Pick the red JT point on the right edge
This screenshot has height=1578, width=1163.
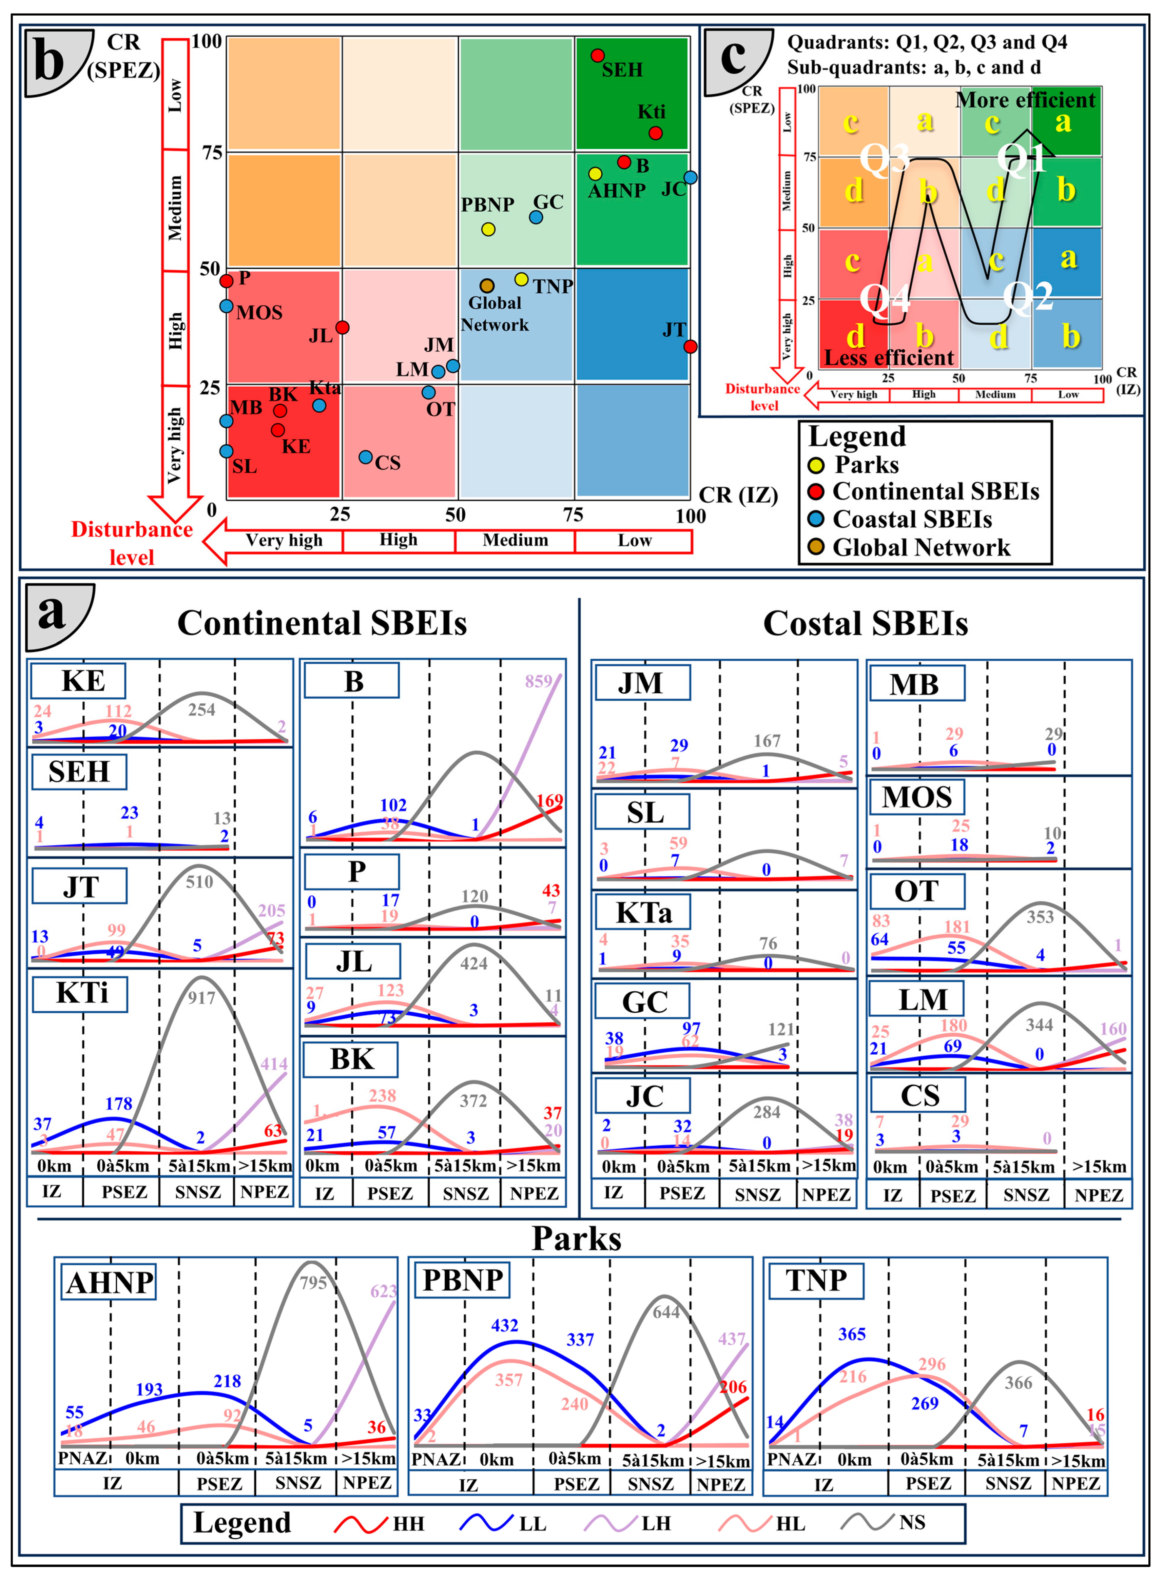tap(691, 346)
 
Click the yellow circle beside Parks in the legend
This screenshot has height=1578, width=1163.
tap(816, 465)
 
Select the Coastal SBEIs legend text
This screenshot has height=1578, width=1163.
tap(912, 520)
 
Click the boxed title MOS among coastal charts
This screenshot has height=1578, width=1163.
tap(917, 797)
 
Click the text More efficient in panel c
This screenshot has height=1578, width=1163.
tap(1025, 100)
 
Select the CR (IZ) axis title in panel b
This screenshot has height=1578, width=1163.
tap(738, 495)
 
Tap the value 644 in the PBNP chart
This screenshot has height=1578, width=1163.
tap(666, 1311)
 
